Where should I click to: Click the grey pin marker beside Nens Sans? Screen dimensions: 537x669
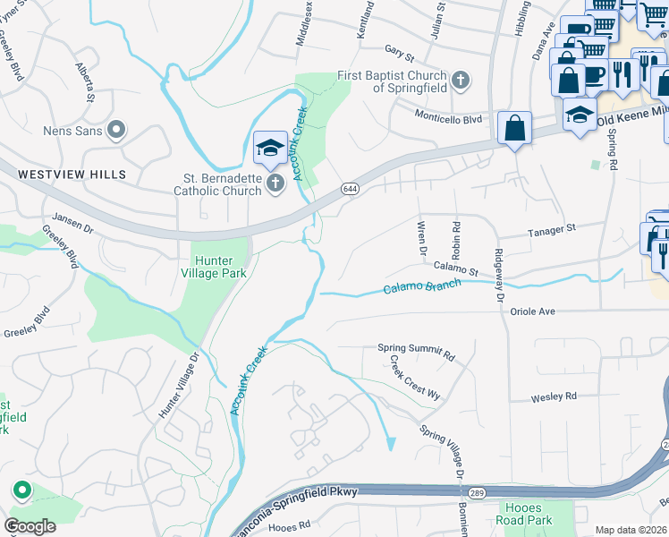coord(115,132)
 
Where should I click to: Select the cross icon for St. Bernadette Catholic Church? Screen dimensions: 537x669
coord(276,183)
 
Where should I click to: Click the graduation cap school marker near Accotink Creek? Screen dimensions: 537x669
coord(269,148)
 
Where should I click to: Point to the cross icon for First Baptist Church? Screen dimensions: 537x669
coord(461,81)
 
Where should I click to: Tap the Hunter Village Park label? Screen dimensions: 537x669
coord(213,267)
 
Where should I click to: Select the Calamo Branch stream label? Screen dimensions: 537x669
coord(422,287)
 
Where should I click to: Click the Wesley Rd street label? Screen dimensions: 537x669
coord(554,396)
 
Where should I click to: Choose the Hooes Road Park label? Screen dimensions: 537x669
coord(525,513)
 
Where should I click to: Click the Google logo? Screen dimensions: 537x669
coord(30,526)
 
